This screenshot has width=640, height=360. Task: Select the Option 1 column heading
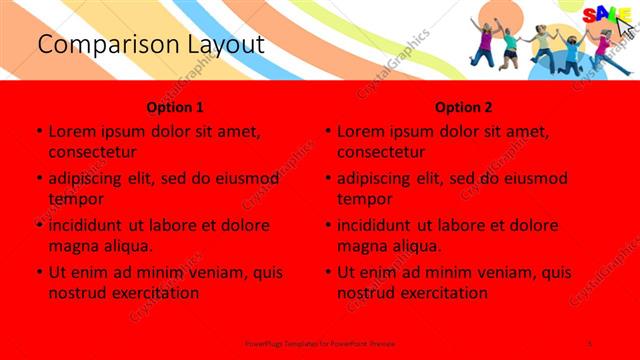coord(175,106)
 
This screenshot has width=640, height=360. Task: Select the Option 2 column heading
coord(464,106)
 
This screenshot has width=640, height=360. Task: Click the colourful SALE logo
coord(600,15)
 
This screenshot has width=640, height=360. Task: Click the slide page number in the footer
coord(590,343)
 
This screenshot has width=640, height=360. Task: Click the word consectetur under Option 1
coord(92,152)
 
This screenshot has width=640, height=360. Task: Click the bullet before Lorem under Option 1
coord(38,132)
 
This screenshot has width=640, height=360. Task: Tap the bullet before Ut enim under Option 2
coord(327,272)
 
